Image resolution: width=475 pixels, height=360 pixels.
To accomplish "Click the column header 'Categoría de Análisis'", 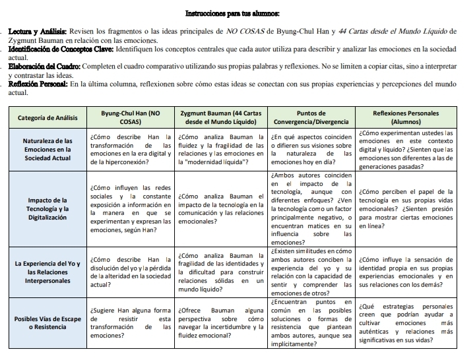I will [x=47, y=117].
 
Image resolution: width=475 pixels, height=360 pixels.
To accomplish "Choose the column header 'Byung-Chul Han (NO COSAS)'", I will [x=130, y=117].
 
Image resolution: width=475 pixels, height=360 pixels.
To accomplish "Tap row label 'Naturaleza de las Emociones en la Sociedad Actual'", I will [x=47, y=150].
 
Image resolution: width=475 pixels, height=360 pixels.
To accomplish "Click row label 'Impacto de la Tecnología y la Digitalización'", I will [x=47, y=208].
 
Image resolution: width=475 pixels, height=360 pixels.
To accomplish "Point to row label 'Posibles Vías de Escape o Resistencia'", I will [x=47, y=323].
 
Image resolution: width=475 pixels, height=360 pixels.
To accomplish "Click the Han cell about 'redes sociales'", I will [x=130, y=208].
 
